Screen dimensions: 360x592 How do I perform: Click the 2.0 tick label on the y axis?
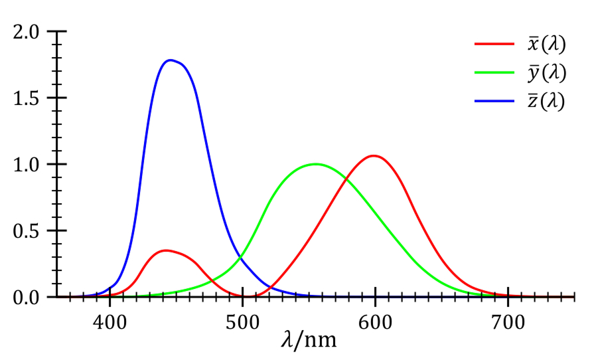(x=27, y=32)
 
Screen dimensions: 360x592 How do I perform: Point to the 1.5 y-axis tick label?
(x=27, y=98)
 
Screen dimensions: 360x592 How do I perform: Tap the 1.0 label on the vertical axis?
(x=27, y=165)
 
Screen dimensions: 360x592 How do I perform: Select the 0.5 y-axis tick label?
(x=27, y=231)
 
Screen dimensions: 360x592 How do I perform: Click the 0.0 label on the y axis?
(x=27, y=297)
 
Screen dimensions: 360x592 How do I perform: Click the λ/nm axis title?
(x=309, y=340)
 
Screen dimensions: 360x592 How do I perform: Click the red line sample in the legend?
(x=494, y=45)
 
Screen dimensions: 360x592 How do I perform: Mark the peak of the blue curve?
(x=171, y=60)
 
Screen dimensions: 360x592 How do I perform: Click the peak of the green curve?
(x=316, y=164)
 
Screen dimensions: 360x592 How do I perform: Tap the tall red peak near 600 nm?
(x=375, y=156)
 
